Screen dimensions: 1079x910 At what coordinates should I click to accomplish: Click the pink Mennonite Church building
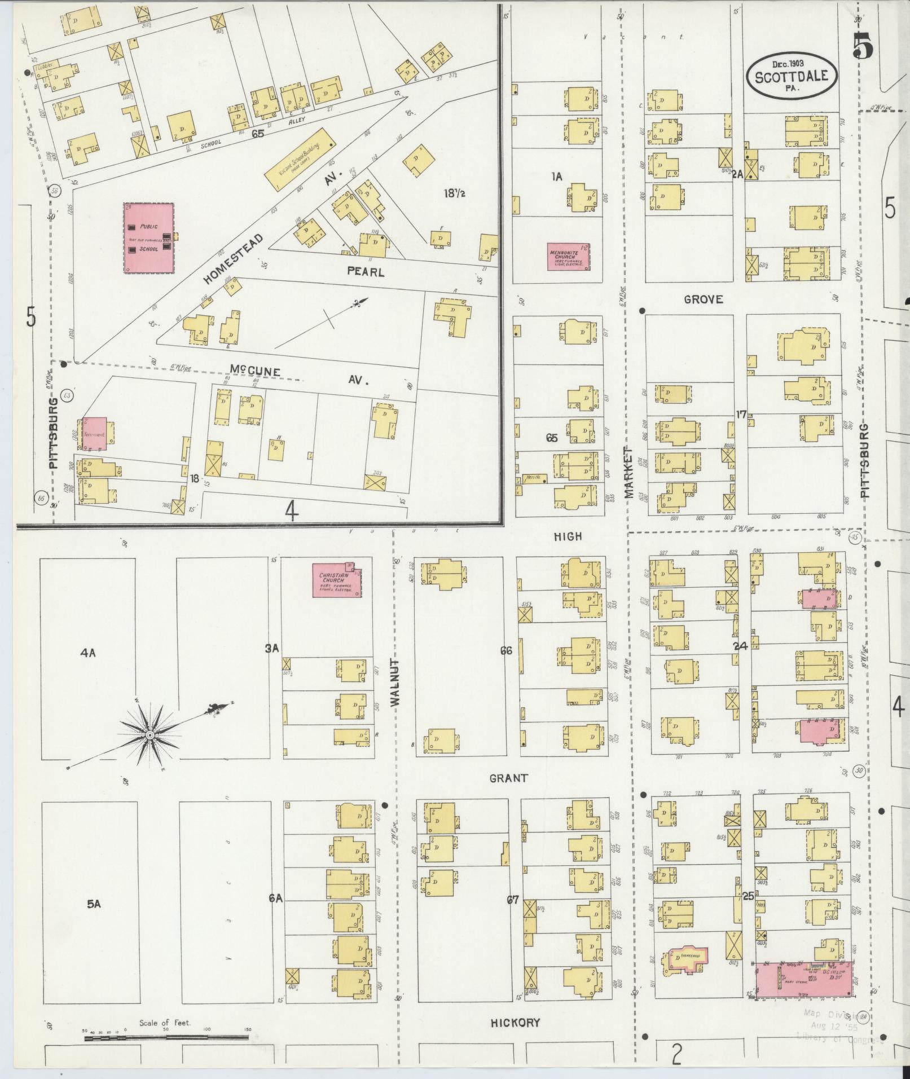click(569, 257)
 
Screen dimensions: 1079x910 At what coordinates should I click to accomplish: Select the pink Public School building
click(148, 238)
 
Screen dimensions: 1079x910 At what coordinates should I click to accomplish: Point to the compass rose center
click(150, 736)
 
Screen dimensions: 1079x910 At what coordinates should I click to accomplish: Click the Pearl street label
click(366, 271)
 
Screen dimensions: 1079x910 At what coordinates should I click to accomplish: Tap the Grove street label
click(703, 300)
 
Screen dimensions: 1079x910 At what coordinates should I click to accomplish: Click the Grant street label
click(509, 778)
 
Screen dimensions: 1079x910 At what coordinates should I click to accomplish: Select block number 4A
click(88, 653)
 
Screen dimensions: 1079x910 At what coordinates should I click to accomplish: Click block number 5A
click(93, 904)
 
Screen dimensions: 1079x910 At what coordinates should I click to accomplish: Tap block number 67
click(512, 900)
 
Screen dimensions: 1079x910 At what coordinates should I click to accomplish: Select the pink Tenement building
click(94, 434)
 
